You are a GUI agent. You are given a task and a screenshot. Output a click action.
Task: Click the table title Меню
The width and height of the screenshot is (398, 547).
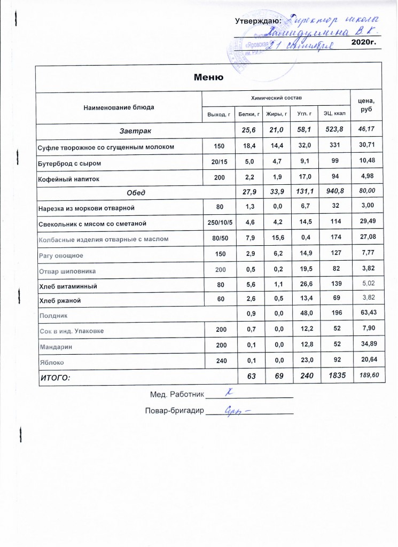pyautogui.click(x=208, y=77)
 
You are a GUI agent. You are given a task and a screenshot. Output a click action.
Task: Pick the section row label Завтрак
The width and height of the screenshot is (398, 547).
pyautogui.click(x=135, y=130)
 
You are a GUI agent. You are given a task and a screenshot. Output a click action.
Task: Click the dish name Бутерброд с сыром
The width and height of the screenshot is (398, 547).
pyautogui.click(x=69, y=162)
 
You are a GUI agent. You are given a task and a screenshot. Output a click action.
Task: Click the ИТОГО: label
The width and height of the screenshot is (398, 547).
pyautogui.click(x=56, y=378)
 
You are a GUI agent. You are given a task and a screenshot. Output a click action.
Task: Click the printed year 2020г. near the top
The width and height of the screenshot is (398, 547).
pyautogui.click(x=365, y=42)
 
